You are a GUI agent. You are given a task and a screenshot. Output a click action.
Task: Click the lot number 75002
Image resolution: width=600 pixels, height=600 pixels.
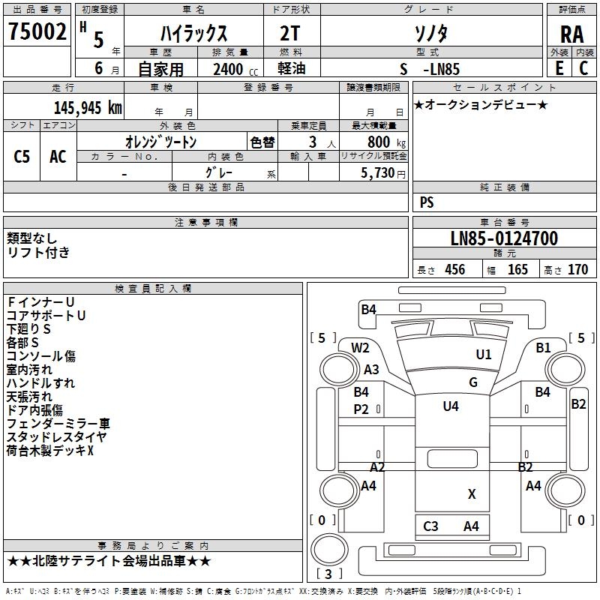click(37, 32)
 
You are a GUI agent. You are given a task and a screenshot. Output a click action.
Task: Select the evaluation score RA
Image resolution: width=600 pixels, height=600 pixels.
click(571, 34)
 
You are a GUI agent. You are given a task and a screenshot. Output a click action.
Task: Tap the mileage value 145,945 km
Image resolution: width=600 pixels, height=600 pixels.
click(88, 107)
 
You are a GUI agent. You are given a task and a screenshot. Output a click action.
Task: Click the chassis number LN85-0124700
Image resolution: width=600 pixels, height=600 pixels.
click(504, 239)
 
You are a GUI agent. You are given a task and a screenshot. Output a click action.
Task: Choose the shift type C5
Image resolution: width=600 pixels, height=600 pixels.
click(22, 156)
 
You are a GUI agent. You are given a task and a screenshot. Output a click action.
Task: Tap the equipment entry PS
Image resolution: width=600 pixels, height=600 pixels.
click(427, 202)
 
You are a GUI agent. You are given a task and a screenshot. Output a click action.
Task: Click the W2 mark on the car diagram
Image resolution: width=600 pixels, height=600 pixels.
click(361, 347)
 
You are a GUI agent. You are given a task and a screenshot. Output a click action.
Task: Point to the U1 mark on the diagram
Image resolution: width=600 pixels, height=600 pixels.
click(484, 354)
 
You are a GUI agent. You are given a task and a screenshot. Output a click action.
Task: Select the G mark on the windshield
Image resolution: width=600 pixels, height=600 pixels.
click(472, 382)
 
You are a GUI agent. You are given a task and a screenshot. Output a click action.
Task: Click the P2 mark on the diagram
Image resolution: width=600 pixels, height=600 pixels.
click(361, 409)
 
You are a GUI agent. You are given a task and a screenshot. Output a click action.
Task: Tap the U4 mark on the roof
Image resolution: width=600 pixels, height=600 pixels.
click(451, 406)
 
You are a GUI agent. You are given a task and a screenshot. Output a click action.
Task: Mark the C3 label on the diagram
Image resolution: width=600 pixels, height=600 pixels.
click(430, 526)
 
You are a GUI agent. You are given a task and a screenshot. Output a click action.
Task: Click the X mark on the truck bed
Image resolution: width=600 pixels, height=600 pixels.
click(472, 494)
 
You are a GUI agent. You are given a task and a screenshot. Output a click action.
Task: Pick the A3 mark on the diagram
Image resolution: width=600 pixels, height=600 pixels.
click(372, 369)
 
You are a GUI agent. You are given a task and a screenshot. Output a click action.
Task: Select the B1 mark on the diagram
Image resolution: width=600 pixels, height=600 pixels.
click(544, 347)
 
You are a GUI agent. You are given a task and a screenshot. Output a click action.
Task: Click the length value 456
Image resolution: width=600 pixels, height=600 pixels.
click(454, 270)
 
